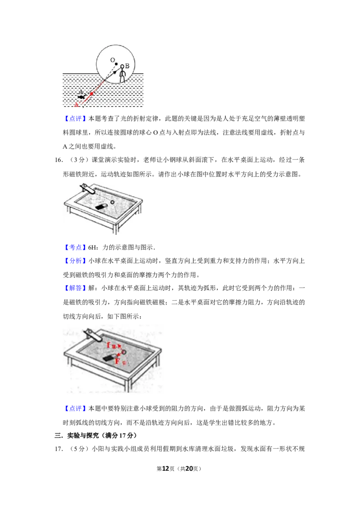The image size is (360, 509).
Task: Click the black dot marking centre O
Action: tap(116, 64)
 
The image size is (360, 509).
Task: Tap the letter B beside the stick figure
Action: tap(127, 66)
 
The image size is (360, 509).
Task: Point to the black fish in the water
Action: tap(81, 97)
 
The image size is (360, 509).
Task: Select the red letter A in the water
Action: tap(76, 104)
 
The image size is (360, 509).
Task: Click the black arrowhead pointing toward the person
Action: tap(115, 72)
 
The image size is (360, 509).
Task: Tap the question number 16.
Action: tap(58, 160)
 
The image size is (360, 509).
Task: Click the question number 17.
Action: tap(58, 449)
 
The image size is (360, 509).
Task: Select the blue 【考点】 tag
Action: tap(76, 247)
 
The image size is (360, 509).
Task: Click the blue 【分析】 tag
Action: tap(76, 261)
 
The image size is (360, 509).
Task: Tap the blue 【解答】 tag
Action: tap(76, 288)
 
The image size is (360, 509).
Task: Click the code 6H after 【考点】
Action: tap(92, 248)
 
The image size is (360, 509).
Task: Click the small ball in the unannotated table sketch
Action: tap(112, 202)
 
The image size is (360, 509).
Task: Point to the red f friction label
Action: tap(109, 345)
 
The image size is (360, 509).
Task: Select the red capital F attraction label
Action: tap(118, 361)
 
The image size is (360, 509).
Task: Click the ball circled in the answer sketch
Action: tap(123, 352)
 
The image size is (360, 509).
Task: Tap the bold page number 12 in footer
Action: tap(166, 469)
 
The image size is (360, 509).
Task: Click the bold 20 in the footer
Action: tap(189, 469)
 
